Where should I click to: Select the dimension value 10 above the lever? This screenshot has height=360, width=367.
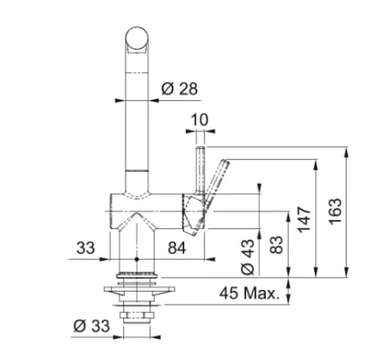point(200,120)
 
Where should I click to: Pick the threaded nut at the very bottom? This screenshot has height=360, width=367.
point(136,314)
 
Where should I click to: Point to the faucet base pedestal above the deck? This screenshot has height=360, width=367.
point(137,244)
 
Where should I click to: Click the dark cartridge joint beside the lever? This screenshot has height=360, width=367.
point(191,210)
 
